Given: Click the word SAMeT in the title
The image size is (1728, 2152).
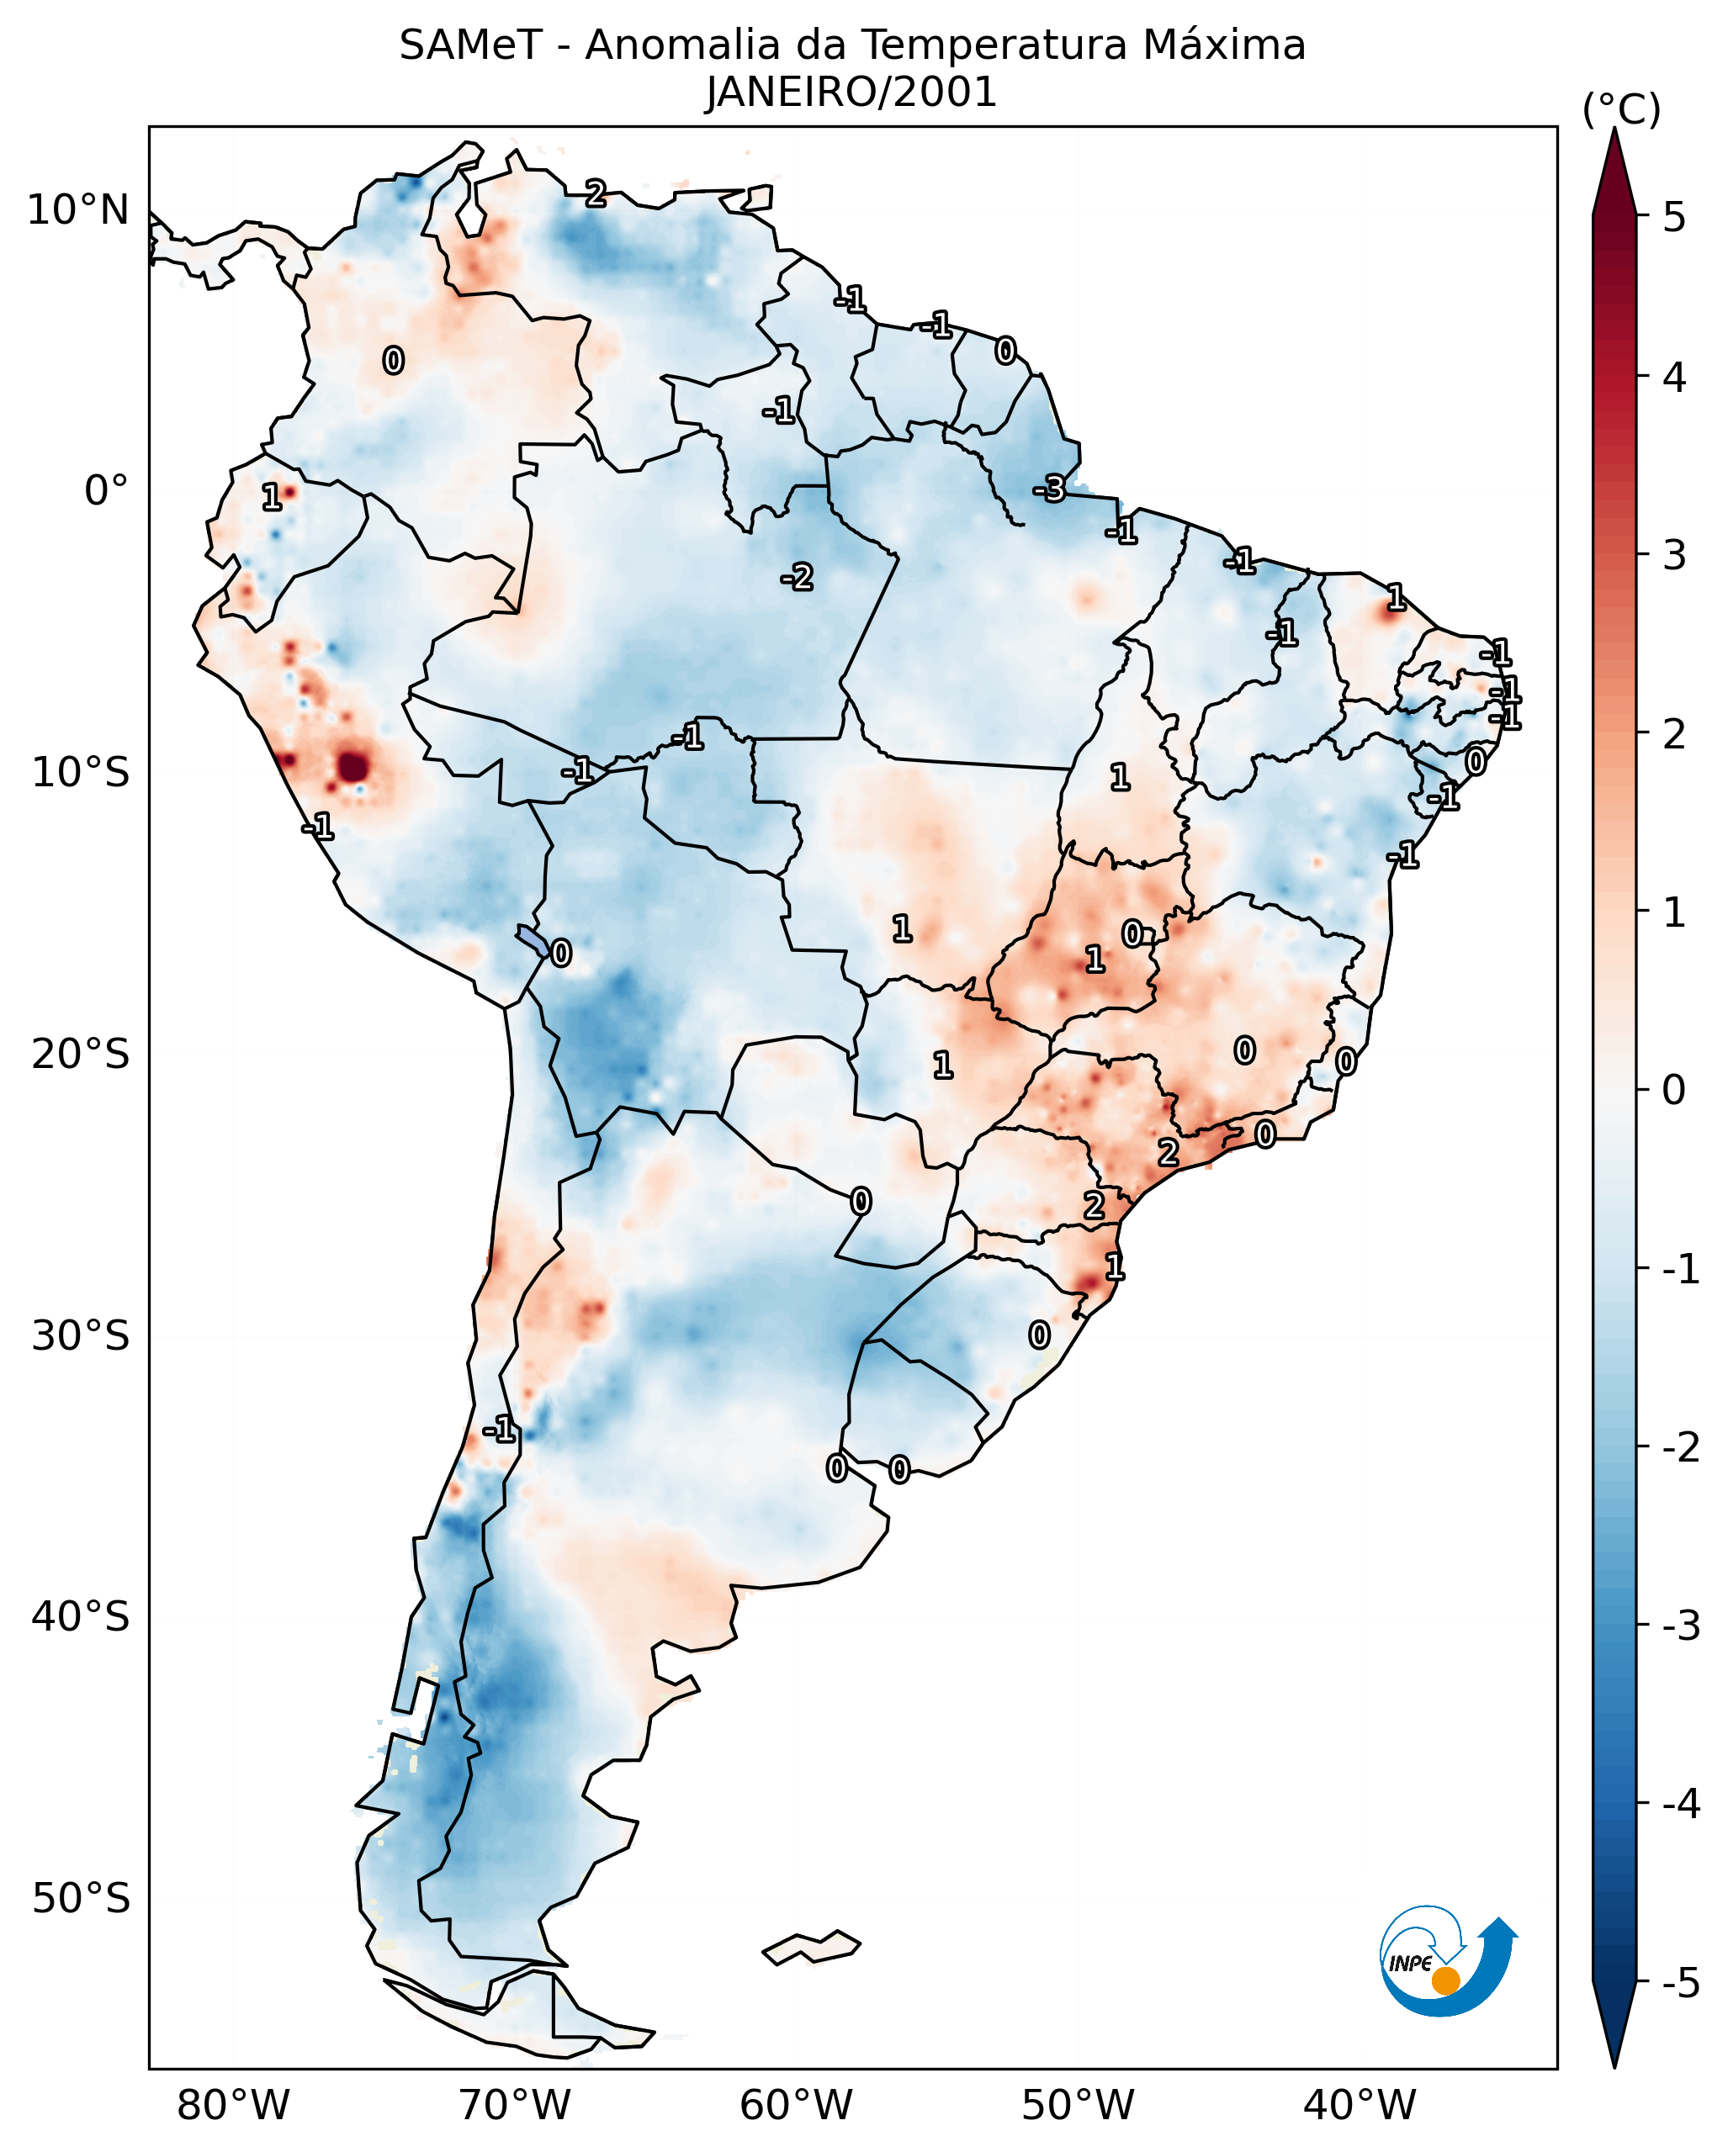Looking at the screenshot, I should pos(470,46).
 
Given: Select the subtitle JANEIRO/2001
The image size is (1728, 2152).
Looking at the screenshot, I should pos(851,93).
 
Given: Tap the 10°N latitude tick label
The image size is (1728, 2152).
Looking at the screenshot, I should pos(78,210).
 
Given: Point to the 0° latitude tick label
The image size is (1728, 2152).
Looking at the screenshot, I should pos(106,491).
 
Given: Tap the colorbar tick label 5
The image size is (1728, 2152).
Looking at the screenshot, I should pos(1674,218).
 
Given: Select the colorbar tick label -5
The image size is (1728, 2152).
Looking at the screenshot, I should pos(1680,1983).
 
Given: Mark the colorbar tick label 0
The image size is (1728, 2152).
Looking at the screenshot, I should pos(1674,1090).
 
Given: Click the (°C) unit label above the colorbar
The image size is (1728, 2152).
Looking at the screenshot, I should pos(1621,110).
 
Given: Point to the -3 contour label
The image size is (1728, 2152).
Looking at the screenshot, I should pos(1049,489).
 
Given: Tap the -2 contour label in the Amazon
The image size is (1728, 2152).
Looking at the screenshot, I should pos(798,577).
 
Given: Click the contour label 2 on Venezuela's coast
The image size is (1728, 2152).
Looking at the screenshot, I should pos(596,193).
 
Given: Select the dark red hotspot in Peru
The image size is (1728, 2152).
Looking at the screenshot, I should pos(353,768).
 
